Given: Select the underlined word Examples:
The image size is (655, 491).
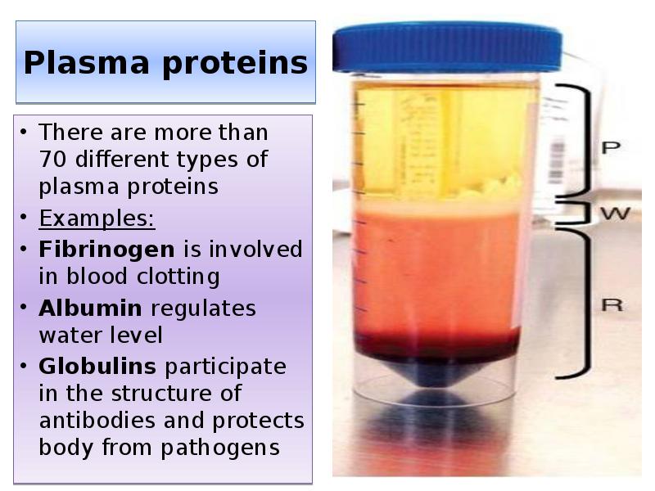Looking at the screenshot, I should pos(97,219).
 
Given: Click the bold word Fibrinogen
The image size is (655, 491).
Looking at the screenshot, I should pos(106,249).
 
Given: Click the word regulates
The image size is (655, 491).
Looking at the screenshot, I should pos(204,309).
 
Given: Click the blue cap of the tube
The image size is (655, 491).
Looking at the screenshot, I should pos(447,47).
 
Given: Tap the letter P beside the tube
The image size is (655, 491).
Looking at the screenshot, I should pos(611,148).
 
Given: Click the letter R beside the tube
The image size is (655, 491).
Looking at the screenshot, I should pos(612,305).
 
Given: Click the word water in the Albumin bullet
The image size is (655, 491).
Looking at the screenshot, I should pos(64,336).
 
